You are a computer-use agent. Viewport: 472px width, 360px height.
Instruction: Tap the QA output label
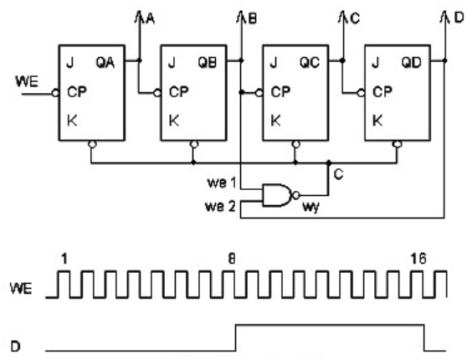[x=105, y=63]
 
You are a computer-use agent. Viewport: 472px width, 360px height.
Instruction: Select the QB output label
[x=207, y=63]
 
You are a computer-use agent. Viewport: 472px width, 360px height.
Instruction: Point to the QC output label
[x=310, y=63]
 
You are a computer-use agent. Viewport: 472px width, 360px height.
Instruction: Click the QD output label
[x=411, y=63]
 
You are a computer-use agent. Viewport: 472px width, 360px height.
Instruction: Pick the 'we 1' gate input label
[x=222, y=183]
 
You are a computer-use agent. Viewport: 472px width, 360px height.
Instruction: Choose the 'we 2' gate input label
[x=220, y=207]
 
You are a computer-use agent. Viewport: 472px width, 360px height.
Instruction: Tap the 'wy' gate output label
[x=310, y=208]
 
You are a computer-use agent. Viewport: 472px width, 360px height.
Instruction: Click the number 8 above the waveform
[x=232, y=259]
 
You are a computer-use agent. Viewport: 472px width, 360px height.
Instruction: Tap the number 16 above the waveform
[x=418, y=259]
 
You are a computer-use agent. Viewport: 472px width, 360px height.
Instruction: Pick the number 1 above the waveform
[x=64, y=259]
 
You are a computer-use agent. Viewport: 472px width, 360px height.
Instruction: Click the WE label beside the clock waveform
[x=21, y=288]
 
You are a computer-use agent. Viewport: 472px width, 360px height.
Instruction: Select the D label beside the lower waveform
[x=16, y=347]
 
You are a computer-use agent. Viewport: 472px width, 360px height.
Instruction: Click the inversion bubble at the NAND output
[x=296, y=196]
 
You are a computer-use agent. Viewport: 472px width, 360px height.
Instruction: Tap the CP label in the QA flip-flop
[x=77, y=92]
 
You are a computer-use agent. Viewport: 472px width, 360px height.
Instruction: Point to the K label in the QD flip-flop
[x=377, y=121]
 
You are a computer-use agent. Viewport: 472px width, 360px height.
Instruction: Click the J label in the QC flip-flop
[x=274, y=64]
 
